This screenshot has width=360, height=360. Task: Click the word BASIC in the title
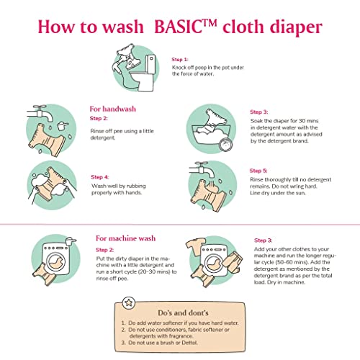click(x=178, y=27)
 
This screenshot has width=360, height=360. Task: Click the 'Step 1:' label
click(x=180, y=60)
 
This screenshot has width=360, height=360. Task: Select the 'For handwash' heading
click(x=113, y=109)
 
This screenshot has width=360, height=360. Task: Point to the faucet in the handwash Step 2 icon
click(x=40, y=114)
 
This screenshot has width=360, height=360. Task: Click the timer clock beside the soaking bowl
click(x=226, y=144)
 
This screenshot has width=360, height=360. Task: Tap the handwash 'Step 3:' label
click(x=259, y=112)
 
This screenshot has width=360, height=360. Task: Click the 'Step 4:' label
click(x=100, y=177)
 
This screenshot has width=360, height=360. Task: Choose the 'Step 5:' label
click(x=258, y=171)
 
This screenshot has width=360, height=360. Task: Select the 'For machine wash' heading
click(x=125, y=238)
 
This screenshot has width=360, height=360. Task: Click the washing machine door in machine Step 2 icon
click(x=56, y=262)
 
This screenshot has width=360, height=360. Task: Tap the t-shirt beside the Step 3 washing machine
click(x=196, y=246)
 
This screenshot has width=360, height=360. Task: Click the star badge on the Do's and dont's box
click(x=129, y=303)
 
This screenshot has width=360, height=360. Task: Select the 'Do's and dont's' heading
click(x=183, y=313)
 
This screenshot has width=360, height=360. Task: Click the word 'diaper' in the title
click(x=296, y=28)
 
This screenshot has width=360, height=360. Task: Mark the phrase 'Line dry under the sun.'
click(x=278, y=193)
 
